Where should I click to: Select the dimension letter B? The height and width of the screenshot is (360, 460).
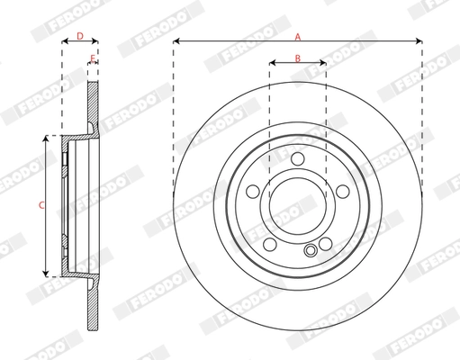point(297,58)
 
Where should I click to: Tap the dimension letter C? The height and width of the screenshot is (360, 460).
point(41,206)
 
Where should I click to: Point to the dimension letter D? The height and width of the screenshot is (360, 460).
point(79,36)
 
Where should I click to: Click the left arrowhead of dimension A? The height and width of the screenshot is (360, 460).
point(176,41)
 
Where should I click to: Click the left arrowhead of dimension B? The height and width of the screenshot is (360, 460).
point(272,65)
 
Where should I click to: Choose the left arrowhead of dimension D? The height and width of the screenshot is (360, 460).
point(64,41)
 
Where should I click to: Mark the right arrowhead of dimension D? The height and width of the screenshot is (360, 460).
point(95,41)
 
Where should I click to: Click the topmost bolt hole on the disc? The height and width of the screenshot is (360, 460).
point(297,158)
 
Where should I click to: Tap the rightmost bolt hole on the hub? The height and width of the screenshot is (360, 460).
point(339,190)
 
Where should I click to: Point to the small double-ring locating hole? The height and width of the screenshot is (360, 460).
point(311,251)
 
